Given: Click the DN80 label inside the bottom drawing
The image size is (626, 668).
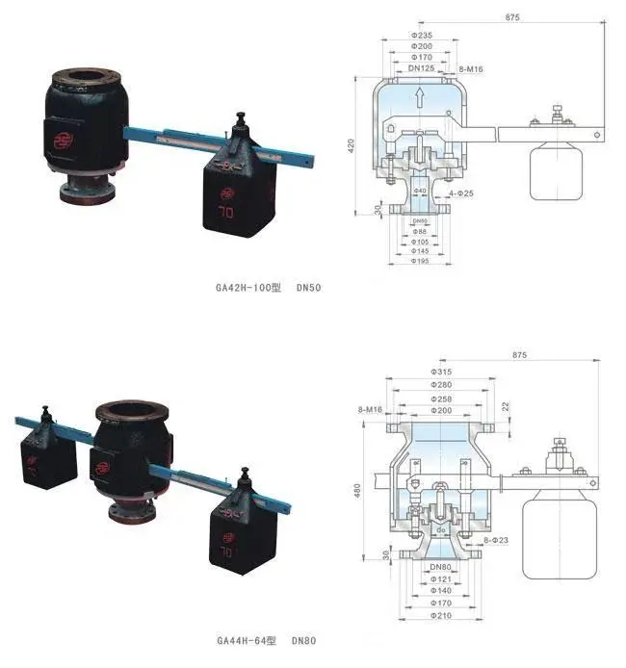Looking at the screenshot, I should click(x=442, y=566).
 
